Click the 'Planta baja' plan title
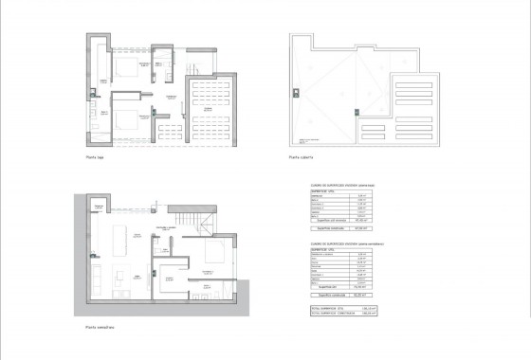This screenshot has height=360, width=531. pos(94,158)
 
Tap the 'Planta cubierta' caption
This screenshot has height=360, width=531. pos(302,158)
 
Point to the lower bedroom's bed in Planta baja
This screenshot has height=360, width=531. pos(127,117)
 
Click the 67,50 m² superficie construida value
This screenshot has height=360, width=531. pos(360,226)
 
